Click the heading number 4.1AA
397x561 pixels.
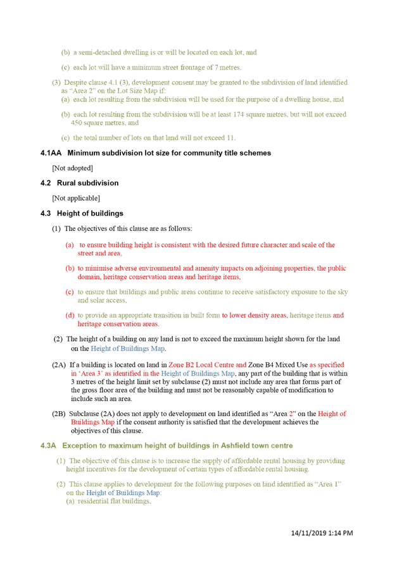51,153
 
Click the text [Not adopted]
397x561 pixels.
72,168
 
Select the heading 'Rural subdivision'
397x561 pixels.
88,183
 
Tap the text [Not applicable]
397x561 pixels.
76,198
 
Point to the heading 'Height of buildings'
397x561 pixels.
90,214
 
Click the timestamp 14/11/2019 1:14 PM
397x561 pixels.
322,533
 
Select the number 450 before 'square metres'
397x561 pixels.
77,123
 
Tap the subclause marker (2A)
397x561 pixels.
59,365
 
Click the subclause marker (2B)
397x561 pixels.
59,414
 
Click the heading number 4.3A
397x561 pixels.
48,446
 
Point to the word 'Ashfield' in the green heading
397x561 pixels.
235,446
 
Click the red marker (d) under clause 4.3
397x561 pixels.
70,316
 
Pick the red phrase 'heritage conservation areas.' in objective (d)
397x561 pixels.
118,324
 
